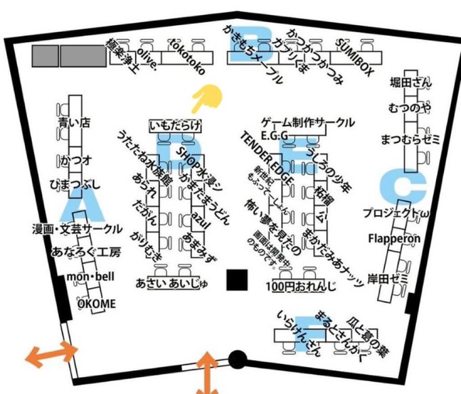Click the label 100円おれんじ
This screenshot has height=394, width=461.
click(x=302, y=286)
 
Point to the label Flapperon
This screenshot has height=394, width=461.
click(x=394, y=239)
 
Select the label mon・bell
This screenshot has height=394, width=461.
click(x=88, y=278)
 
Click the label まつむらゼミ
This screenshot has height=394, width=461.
click(x=410, y=140)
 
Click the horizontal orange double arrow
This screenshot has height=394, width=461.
click(x=52, y=353)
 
